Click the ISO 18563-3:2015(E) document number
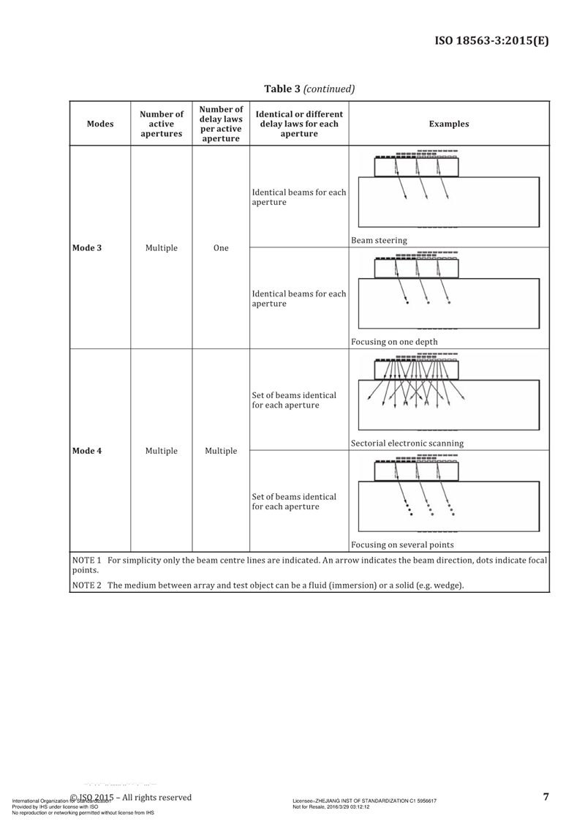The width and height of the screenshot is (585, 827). click(x=491, y=40)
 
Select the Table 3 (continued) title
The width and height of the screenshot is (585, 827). click(x=309, y=89)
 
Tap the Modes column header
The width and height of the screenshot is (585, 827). click(x=100, y=124)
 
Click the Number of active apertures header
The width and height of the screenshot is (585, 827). click(x=162, y=124)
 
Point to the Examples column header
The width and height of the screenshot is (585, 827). click(x=449, y=124)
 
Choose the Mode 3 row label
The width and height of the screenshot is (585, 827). click(x=87, y=248)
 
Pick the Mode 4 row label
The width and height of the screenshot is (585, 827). click(x=87, y=451)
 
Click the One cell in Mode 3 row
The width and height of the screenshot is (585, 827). click(x=221, y=248)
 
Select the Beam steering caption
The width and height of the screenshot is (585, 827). click(x=380, y=240)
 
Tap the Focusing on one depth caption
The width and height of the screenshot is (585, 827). click(x=394, y=342)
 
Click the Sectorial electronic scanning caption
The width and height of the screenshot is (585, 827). click(x=407, y=443)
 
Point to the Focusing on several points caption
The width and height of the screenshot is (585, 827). click(x=402, y=545)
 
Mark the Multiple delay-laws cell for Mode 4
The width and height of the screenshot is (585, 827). click(x=221, y=451)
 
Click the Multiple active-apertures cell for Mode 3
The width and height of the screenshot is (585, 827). click(x=162, y=248)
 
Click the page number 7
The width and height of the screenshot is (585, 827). click(x=546, y=797)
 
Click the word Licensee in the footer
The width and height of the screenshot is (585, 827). click(x=303, y=801)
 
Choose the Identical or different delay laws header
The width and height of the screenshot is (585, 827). click(x=299, y=124)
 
